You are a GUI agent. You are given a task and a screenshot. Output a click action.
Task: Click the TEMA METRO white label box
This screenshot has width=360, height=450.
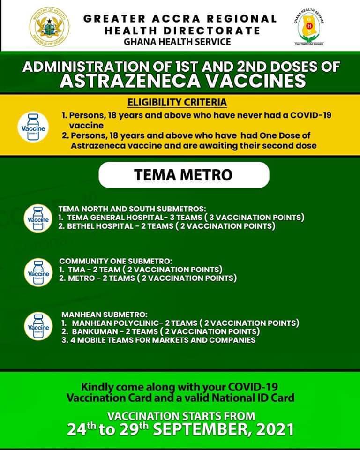183,175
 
